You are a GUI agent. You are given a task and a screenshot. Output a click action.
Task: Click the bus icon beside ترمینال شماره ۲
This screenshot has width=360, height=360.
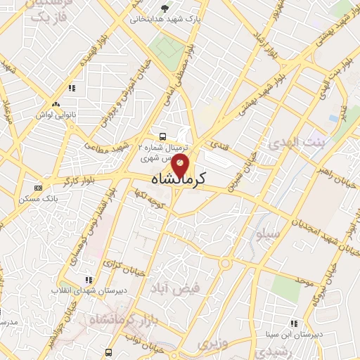(x=162, y=136)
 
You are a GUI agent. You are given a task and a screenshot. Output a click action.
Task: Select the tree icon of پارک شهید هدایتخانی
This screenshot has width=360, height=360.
(x=165, y=8)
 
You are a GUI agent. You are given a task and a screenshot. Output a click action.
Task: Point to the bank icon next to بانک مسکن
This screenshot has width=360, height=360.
(x=37, y=188)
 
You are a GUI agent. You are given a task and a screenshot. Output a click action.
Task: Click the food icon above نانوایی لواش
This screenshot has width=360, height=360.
(x=71, y=89)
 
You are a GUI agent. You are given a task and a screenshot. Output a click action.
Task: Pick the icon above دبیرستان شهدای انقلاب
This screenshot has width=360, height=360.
(x=89, y=278)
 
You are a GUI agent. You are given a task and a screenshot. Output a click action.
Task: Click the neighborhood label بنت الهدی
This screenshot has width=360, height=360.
(x=293, y=143)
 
